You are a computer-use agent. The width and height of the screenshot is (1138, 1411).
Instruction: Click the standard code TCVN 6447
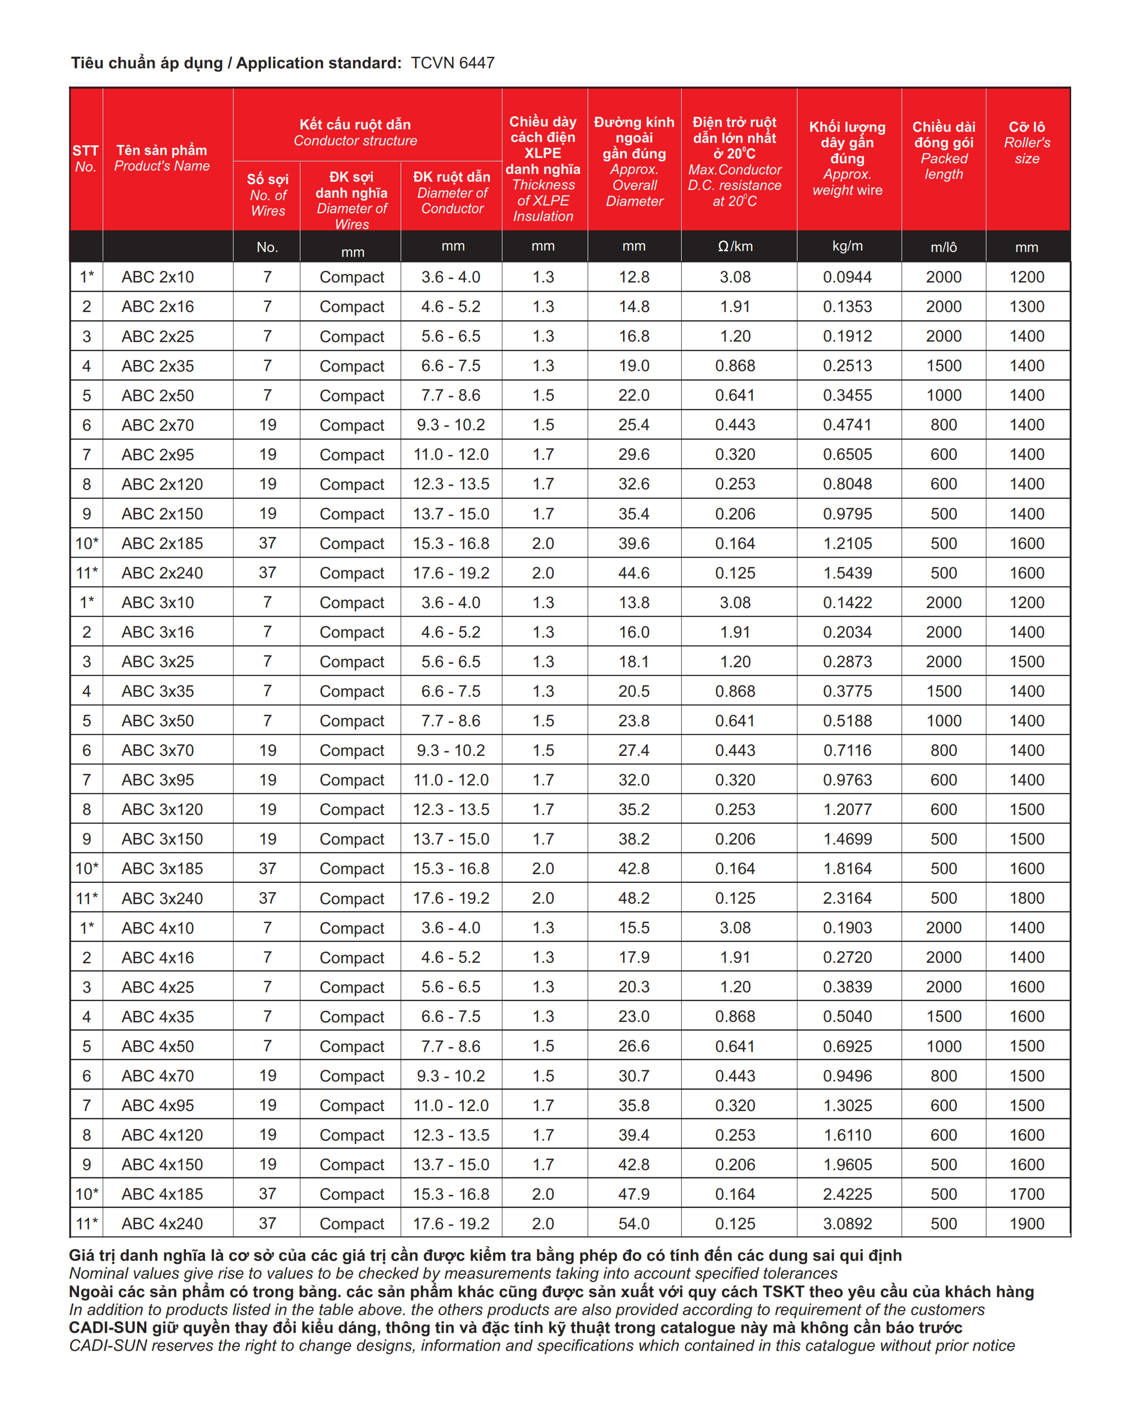(x=452, y=63)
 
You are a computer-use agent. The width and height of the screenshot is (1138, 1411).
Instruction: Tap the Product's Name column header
(x=162, y=158)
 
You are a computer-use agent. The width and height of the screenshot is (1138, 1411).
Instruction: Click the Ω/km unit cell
(x=735, y=247)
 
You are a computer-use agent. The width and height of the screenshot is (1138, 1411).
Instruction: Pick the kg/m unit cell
(x=847, y=247)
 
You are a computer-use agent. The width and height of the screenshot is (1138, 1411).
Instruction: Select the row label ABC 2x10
(x=157, y=277)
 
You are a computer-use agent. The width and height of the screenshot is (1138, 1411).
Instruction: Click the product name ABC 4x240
(x=162, y=1223)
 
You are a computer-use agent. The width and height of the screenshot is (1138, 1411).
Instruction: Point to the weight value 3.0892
(x=847, y=1223)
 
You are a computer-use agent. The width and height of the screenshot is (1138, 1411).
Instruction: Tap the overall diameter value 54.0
(x=634, y=1223)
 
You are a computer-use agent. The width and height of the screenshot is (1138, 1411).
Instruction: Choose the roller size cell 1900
(x=1027, y=1223)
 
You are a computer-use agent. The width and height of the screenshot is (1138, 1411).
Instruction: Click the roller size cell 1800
(x=1027, y=898)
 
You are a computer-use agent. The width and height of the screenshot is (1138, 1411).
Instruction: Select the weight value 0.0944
(x=847, y=277)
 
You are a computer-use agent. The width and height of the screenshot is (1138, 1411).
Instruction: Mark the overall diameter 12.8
(x=634, y=277)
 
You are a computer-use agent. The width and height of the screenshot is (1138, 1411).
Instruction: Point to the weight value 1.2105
(x=847, y=544)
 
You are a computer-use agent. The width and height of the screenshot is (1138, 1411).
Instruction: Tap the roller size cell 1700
(x=1027, y=1194)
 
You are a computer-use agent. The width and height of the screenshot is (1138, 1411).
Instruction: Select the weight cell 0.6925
(x=847, y=1047)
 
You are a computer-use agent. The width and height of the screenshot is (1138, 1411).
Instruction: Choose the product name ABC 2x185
(x=162, y=544)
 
